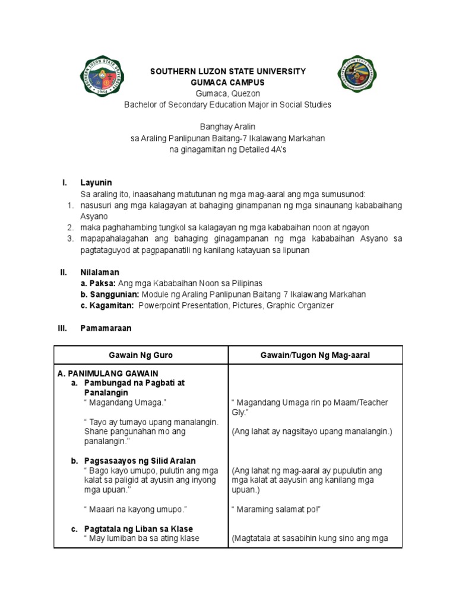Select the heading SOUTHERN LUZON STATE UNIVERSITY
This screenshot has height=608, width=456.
(x=227, y=71)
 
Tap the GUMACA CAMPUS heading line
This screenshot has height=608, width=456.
(x=227, y=82)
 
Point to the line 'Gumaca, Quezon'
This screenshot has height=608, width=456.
(x=227, y=93)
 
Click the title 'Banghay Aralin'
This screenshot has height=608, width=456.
(x=227, y=127)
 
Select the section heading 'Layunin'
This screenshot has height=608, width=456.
(x=96, y=182)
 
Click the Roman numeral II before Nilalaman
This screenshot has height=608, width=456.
(x=64, y=272)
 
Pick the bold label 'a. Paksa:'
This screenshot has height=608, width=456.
(x=99, y=283)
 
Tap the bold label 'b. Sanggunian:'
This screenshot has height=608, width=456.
(x=110, y=294)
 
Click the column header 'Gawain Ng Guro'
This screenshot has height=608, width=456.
(x=141, y=355)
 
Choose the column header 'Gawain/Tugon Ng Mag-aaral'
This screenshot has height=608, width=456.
(x=315, y=355)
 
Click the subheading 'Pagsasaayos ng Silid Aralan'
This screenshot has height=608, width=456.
(x=140, y=461)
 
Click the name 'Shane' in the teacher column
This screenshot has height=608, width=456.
(x=97, y=432)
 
